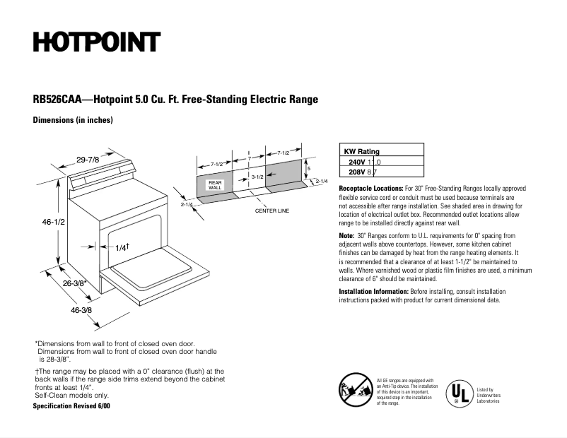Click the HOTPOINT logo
[x=96, y=43]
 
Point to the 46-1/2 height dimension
[x=54, y=222]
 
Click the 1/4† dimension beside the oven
[x=122, y=247]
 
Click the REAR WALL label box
[x=215, y=185]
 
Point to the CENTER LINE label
[x=272, y=211]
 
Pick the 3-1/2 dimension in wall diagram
[x=257, y=176]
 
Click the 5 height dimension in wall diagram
[x=309, y=168]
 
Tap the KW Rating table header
[x=361, y=151]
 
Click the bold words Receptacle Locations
[x=371, y=189]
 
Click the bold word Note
[x=346, y=235]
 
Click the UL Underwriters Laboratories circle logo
[x=459, y=393]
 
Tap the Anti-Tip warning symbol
[x=356, y=391]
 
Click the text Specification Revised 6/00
[x=71, y=407]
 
